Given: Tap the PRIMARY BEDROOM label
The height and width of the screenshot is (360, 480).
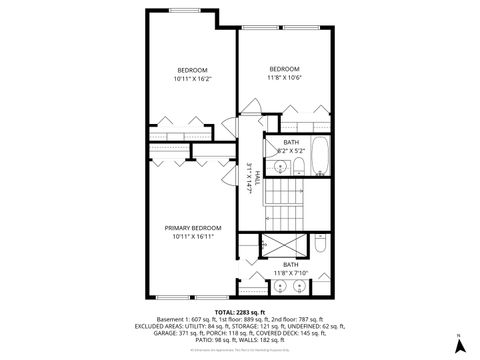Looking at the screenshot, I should (x=191, y=228).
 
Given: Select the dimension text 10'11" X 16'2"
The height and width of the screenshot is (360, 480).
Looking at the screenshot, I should (x=191, y=77).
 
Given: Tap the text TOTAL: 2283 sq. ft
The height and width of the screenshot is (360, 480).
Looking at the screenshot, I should (x=239, y=311).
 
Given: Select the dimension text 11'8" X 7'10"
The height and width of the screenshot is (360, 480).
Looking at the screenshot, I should (x=291, y=271).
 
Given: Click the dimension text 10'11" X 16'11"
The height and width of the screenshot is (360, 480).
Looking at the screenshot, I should (x=191, y=236).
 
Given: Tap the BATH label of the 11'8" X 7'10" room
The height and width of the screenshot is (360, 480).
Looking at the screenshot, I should (x=291, y=263).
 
